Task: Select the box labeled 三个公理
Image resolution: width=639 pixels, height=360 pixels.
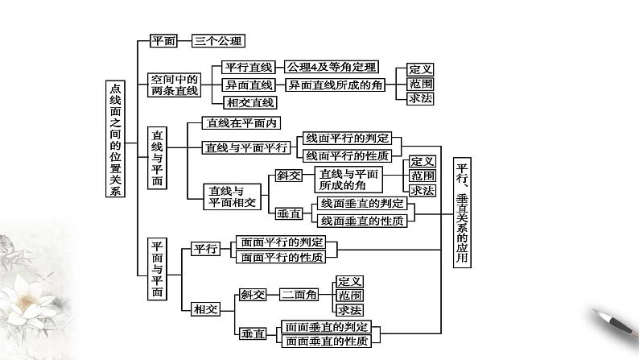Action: point(218,39)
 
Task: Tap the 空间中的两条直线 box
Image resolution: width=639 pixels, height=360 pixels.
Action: point(169,85)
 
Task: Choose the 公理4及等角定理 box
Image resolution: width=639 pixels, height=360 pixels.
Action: point(332,67)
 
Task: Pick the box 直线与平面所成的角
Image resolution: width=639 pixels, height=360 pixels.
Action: point(346,180)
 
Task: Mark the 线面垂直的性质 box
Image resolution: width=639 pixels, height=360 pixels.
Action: point(361,220)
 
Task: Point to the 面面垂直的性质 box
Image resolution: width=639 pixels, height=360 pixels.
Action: point(327,341)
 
